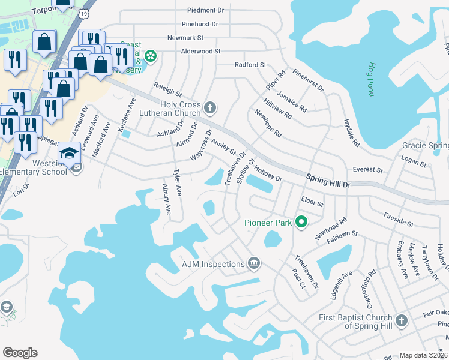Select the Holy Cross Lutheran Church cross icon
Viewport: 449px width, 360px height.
coord(209,108)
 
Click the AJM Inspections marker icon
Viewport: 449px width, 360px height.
coord(254,264)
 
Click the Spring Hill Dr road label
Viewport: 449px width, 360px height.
coord(328,181)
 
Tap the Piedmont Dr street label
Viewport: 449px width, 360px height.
coord(205,10)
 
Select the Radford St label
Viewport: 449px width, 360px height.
coord(250,65)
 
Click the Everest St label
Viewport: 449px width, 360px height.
coord(368,170)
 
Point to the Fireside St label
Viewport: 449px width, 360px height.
coord(399,223)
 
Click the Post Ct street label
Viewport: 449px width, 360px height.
coord(298,277)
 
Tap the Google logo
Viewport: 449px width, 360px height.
coord(20,353)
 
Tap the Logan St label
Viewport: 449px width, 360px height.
coord(414,163)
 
